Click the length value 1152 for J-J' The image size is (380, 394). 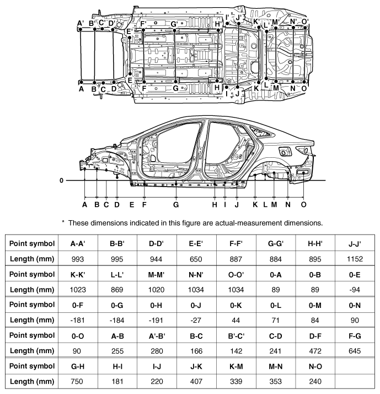[x=355, y=259]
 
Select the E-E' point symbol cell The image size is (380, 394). [x=196, y=243]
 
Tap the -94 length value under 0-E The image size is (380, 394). [x=355, y=290]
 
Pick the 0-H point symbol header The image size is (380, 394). [x=156, y=305]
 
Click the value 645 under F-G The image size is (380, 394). [x=355, y=351]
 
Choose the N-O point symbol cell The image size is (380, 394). [x=315, y=366]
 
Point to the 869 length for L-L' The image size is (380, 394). [x=117, y=290]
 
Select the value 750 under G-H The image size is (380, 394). [x=77, y=381]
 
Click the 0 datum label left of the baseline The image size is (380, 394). [x=62, y=180]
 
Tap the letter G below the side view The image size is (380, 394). [x=176, y=205]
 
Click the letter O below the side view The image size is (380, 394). [x=303, y=205]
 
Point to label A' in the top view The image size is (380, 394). [x=81, y=23]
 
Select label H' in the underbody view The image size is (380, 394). [x=218, y=24]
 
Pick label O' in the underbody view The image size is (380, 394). [x=304, y=22]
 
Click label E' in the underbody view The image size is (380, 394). [x=129, y=31]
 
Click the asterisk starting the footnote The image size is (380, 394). [x=63, y=222]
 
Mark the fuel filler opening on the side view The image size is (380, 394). [x=285, y=152]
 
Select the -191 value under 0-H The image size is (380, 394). [x=156, y=321]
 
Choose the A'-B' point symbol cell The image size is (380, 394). [x=157, y=336]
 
